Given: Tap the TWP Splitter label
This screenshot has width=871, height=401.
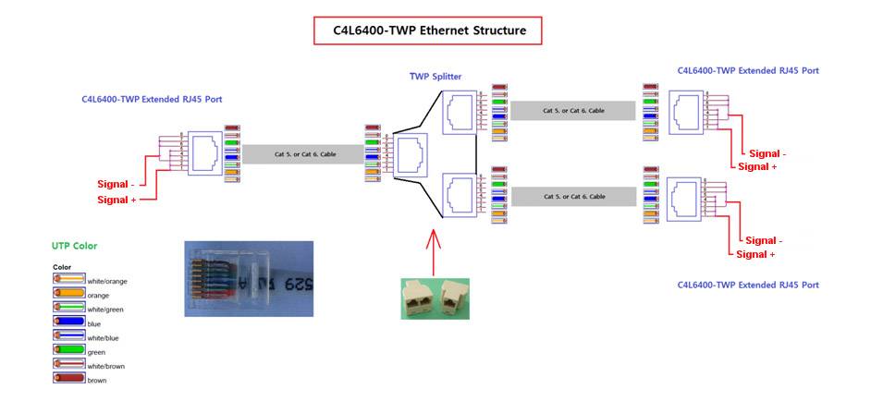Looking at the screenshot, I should (435, 77).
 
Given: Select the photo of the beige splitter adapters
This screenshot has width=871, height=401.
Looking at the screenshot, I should (435, 298).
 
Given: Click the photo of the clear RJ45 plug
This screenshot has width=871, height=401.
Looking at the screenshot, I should (249, 279).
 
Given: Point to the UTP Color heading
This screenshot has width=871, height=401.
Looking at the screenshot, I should (75, 246).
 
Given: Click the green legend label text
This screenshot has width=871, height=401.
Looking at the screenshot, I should (97, 352).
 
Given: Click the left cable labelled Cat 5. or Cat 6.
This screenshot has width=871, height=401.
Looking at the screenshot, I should (304, 155).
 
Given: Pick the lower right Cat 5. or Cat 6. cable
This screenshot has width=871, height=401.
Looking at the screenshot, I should (573, 197).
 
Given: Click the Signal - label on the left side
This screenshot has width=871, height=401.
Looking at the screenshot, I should (118, 184).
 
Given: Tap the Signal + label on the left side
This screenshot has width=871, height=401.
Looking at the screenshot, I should (118, 200).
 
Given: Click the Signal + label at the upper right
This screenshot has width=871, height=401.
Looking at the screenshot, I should (757, 166).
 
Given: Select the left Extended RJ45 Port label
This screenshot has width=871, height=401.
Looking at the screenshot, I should (151, 99).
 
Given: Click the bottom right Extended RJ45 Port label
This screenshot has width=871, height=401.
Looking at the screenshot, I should (748, 285).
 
